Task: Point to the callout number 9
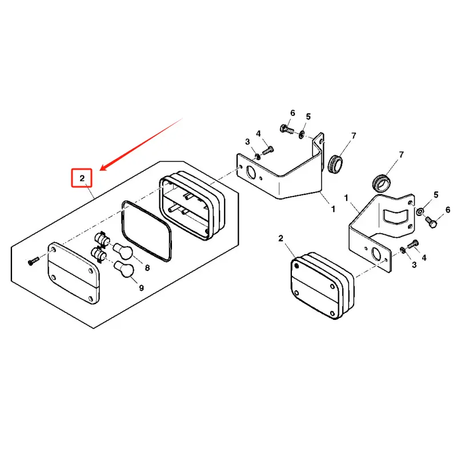click(x=141, y=288)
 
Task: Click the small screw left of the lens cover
click(x=32, y=260)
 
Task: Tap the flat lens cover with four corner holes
click(x=75, y=272)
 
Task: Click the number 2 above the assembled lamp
click(x=280, y=238)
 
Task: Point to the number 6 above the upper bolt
click(x=292, y=113)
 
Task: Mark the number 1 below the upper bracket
click(x=333, y=210)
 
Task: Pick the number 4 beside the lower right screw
click(x=424, y=258)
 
